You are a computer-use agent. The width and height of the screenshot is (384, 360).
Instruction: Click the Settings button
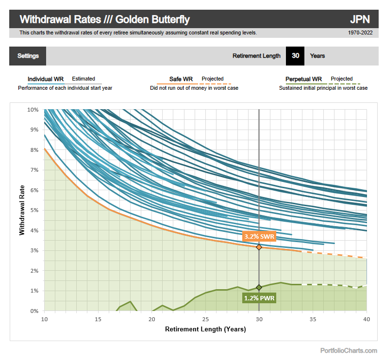[x=28, y=56]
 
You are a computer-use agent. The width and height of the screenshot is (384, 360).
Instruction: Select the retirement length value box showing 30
[x=295, y=56]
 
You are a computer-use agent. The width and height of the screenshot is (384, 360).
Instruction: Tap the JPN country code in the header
[x=360, y=19]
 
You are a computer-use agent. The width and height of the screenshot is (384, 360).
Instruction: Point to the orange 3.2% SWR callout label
[x=259, y=236]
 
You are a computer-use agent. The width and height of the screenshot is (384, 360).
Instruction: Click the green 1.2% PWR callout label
[x=259, y=298]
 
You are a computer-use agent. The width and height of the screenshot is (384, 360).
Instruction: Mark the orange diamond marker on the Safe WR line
[x=259, y=247]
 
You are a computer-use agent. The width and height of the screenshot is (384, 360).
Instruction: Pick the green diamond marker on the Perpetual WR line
[x=259, y=287]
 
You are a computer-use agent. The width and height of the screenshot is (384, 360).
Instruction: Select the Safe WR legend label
[x=181, y=79]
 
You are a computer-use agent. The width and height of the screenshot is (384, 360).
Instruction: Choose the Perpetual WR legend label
[x=303, y=79]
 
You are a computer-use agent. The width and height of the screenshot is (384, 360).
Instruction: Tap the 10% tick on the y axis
[x=32, y=110]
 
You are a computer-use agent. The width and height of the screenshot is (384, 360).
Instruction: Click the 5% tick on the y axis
[x=34, y=210]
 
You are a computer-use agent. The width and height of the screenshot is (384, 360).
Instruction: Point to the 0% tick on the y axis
[x=34, y=311]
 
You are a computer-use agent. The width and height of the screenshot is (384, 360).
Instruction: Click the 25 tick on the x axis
[x=205, y=319]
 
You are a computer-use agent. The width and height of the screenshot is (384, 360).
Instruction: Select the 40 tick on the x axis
[x=367, y=319]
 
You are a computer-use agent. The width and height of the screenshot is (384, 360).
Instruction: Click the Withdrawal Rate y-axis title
[x=22, y=210]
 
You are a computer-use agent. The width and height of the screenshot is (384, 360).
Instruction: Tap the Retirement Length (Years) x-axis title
[x=205, y=329]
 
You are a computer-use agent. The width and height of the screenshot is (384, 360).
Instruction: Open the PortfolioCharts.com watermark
[x=348, y=350]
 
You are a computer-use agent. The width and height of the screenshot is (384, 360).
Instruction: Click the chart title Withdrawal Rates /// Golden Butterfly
[x=104, y=19]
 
